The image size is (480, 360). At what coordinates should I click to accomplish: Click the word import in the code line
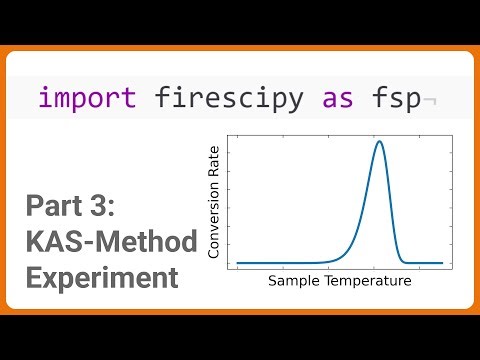[88, 98]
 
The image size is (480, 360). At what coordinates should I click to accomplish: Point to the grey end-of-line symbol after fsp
[428, 100]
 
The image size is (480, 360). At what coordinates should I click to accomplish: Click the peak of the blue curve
[379, 141]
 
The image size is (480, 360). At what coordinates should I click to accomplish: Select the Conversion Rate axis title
[213, 202]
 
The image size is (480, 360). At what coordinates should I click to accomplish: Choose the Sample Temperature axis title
[339, 282]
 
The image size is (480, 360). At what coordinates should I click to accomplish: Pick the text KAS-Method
[98, 242]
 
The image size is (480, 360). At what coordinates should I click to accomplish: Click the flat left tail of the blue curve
[280, 263]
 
